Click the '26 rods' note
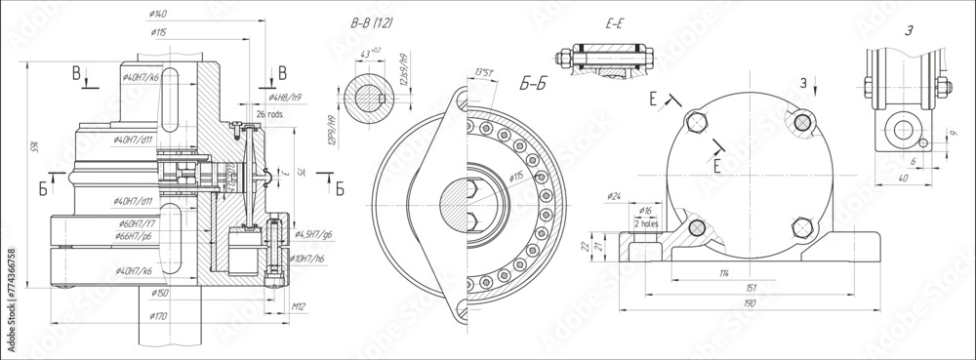point(268,114)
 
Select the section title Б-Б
point(532,87)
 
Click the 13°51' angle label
point(482,71)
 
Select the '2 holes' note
point(646,222)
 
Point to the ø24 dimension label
point(614,196)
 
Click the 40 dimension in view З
point(904,180)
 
